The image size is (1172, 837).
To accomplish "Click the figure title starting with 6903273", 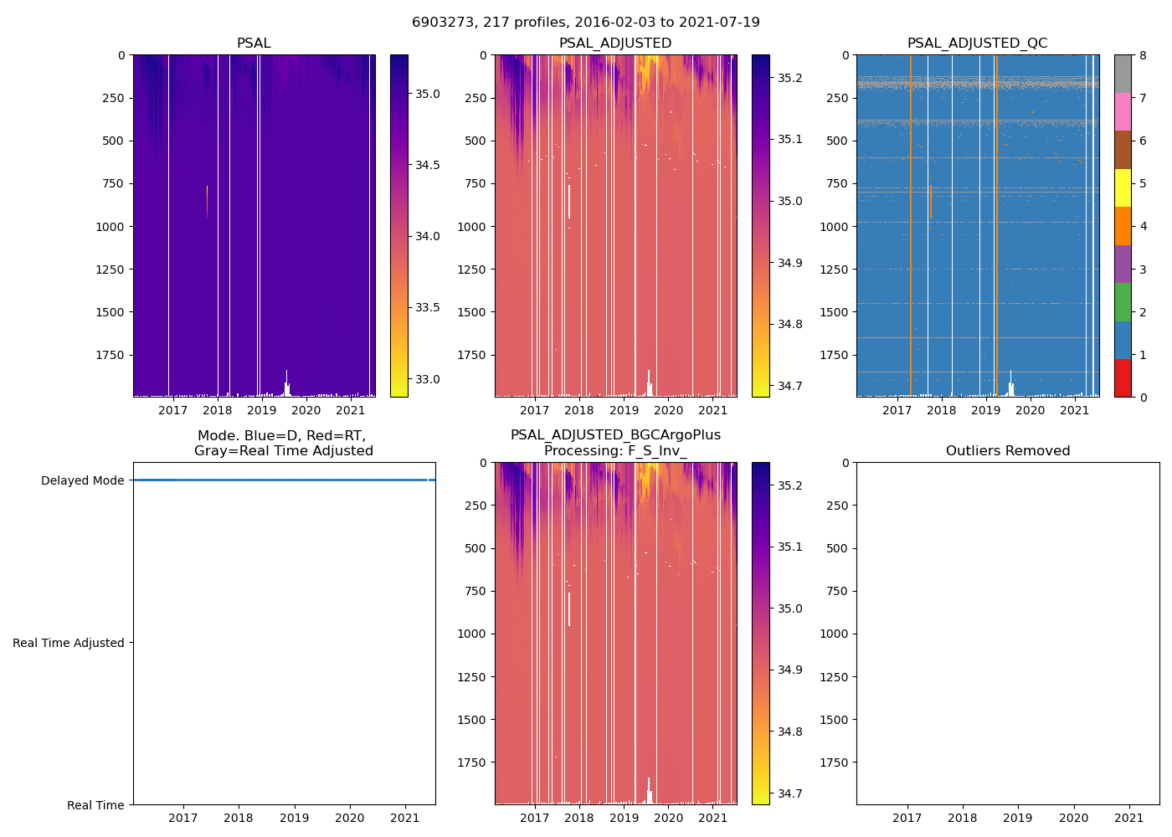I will [585, 23].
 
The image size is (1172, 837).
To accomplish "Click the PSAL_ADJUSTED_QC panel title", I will [977, 44].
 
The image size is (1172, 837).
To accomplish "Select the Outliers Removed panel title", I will [1007, 451].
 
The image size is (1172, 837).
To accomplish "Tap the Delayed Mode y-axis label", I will [82, 480].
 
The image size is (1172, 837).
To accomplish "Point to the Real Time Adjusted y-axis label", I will [69, 643].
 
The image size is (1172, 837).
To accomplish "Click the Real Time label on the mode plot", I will [95, 805].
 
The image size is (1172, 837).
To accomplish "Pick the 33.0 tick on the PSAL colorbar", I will [428, 379].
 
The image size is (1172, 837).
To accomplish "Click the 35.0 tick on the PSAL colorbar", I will [428, 94].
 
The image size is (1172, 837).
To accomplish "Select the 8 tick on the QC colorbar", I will [1143, 55].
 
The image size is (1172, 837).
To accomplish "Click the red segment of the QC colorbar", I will [1123, 378].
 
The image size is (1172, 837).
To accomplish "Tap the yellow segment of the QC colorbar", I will [1123, 188].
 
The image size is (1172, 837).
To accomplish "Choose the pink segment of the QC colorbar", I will [1123, 111].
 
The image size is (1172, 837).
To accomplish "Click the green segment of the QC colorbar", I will [1123, 302].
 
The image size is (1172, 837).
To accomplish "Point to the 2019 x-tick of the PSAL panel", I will [262, 410].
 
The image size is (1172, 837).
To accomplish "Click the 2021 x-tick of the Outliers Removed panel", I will [1129, 818].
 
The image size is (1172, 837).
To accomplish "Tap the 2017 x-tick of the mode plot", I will [183, 818].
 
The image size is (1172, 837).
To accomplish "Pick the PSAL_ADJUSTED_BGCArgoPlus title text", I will [615, 435].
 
